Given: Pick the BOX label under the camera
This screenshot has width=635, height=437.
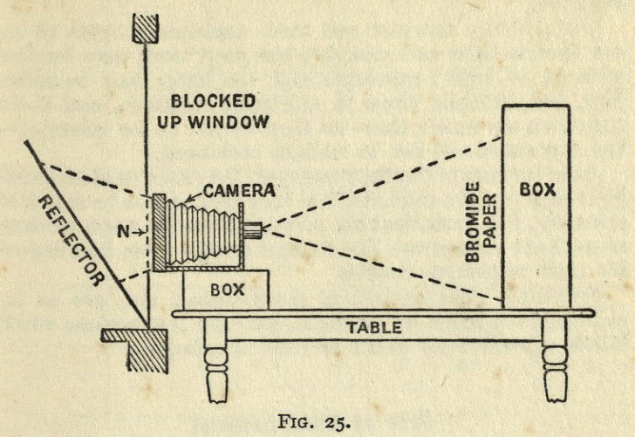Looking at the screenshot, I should pyautogui.click(x=225, y=290).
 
